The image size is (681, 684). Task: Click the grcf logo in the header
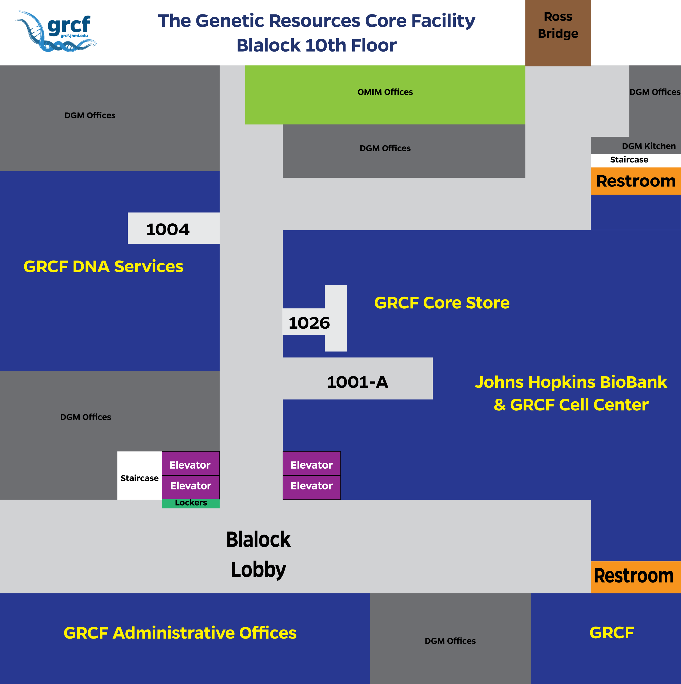click(56, 31)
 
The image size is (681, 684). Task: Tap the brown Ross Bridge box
click(558, 33)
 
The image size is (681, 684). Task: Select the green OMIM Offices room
click(385, 95)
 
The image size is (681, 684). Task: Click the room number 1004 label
click(168, 230)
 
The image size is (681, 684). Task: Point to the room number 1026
click(309, 323)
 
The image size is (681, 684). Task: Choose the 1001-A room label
click(357, 382)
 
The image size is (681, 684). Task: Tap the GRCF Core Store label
click(442, 303)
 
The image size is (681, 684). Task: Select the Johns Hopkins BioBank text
click(571, 382)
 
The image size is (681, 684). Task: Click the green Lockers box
click(191, 503)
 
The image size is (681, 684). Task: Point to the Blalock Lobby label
click(258, 554)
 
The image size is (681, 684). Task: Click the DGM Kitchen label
click(649, 146)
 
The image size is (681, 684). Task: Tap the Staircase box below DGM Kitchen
click(636, 160)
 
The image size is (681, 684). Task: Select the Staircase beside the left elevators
click(140, 476)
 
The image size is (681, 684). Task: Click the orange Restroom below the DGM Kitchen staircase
click(636, 181)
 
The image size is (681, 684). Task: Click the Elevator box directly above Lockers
click(191, 487)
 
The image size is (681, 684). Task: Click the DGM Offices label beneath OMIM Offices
click(385, 148)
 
